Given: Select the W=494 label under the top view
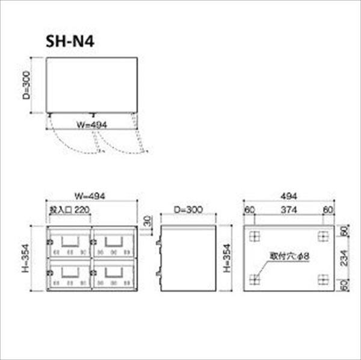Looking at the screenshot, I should tap(91, 125).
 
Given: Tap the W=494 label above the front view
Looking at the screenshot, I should tap(90, 196).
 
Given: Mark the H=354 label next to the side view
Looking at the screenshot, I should tap(226, 259).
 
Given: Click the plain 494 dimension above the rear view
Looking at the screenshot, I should tap(288, 196).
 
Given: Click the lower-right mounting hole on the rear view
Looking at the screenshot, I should tap(322, 279).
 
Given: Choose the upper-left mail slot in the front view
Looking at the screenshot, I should tap(69, 242).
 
